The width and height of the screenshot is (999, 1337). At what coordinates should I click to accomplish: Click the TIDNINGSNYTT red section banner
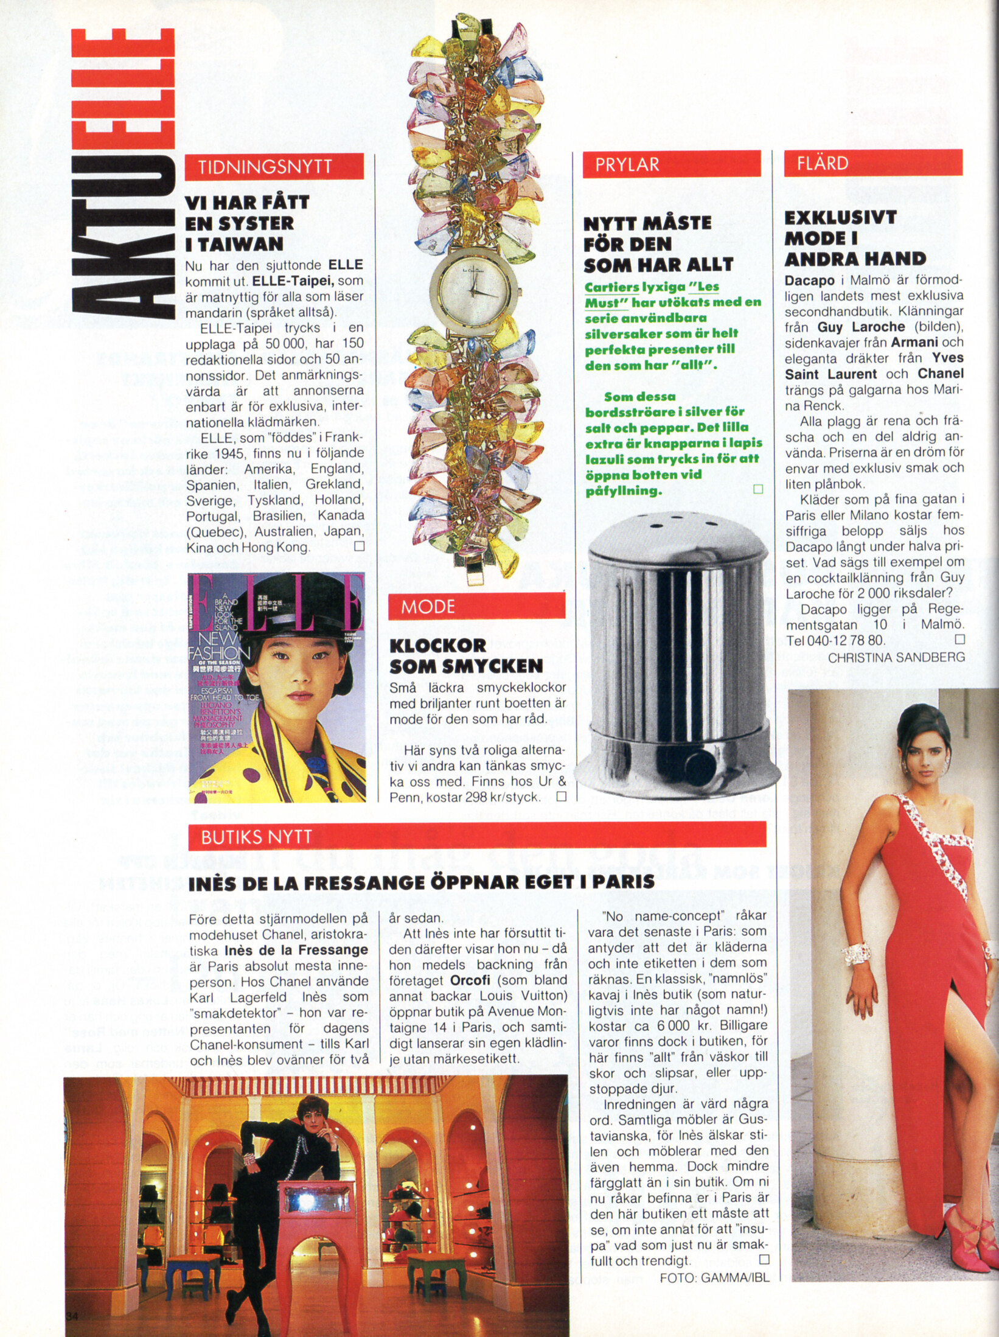[x=274, y=167]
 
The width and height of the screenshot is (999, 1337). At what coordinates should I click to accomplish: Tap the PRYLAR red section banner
[x=672, y=164]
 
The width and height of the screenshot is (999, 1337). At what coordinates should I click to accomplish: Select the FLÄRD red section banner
[x=873, y=163]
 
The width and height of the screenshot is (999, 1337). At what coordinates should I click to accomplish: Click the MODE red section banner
[x=477, y=606]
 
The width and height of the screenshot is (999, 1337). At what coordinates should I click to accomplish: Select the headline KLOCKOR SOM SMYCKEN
[x=466, y=655]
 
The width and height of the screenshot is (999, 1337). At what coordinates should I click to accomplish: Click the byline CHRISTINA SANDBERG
[x=896, y=657]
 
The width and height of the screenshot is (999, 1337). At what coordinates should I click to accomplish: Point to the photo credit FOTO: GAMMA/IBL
[x=714, y=1278]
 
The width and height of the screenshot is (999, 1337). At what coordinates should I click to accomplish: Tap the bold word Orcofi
[x=470, y=980]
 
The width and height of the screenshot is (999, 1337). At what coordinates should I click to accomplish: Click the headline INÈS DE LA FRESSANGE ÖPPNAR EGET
[x=421, y=882]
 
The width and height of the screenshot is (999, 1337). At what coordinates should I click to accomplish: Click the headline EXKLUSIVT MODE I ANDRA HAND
[x=854, y=238]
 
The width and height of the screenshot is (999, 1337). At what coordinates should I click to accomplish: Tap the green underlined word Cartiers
[x=611, y=287]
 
